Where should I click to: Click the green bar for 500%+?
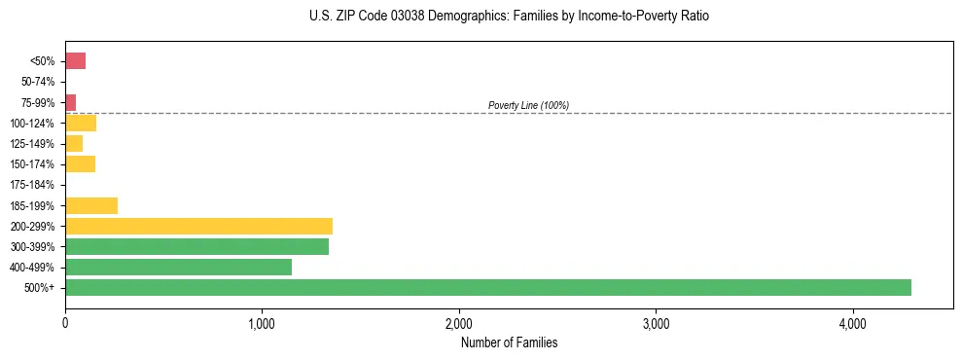pos(487,288)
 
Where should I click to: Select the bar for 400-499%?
pos(178,268)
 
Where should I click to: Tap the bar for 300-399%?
pos(196,247)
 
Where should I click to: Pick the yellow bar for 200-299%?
pos(198,227)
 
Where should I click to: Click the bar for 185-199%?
pos(91,205)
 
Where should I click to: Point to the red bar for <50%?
pos(75,61)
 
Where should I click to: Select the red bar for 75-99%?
pos(70,102)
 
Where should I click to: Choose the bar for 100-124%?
pos(81,124)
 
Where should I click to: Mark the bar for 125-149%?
pos(74,144)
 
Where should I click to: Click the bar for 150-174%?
pos(80,164)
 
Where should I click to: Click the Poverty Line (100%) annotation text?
pos(528,105)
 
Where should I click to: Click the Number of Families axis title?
pos(509,343)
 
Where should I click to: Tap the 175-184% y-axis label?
pos(33,185)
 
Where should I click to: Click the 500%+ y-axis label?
pos(42,288)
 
